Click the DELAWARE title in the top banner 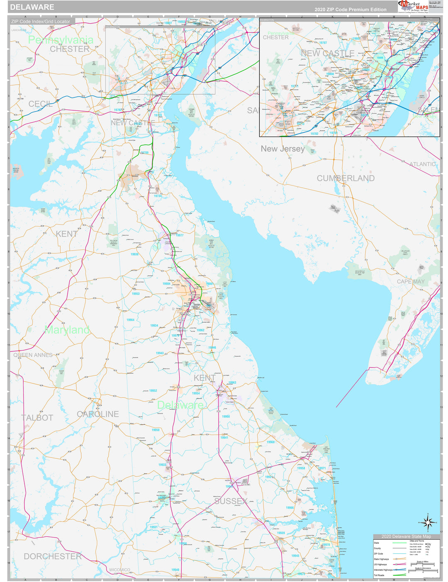point(32,7)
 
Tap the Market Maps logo point(413,6)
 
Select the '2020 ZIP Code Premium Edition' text point(350,10)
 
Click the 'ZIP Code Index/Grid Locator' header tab point(41,21)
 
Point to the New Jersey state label point(282,149)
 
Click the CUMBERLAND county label point(346,178)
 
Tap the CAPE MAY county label point(410,282)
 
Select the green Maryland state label point(67,330)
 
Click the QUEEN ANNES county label point(33,355)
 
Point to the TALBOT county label point(37,418)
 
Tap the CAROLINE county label point(98,414)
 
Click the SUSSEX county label point(231,501)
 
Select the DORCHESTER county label point(53,556)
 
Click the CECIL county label point(41,104)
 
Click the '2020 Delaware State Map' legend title point(406,536)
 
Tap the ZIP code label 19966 point(290,508)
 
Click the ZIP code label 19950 point(155,430)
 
